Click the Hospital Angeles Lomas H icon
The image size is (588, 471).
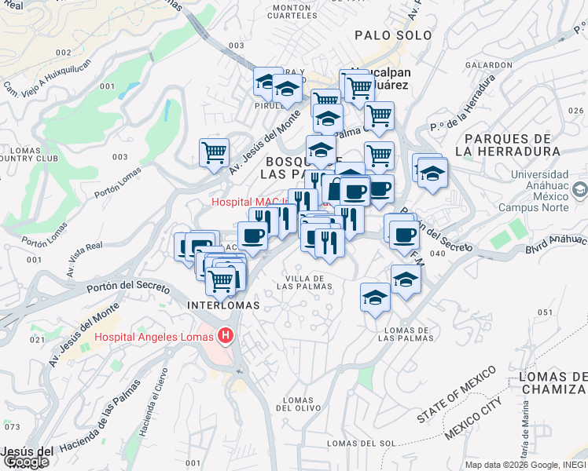pos(226,337)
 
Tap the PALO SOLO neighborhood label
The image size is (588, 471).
pos(393,35)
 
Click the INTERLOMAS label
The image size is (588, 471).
pos(219,304)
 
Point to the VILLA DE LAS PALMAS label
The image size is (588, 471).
pos(306,283)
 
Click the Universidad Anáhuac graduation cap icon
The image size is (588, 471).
pos(579,188)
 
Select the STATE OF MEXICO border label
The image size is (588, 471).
pos(457,396)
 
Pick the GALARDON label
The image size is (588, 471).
pos(489,65)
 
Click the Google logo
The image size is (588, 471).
pos(25,462)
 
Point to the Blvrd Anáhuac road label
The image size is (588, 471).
pos(556,243)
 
